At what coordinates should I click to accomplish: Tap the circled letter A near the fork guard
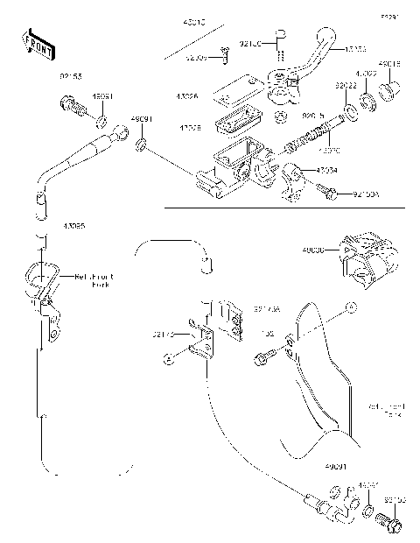tap(350, 307)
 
